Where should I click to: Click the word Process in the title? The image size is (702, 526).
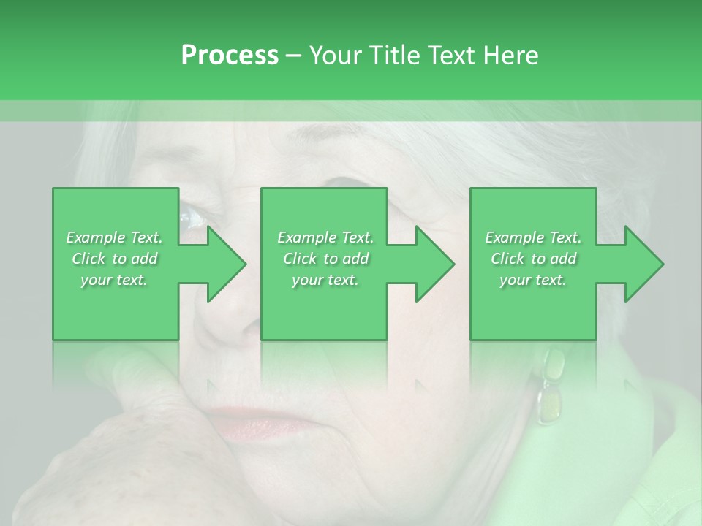point(230,56)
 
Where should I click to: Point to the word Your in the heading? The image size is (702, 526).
point(336,56)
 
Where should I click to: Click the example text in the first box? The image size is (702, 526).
point(115,259)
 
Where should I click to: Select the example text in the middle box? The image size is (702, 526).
point(325,259)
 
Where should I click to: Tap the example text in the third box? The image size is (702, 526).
point(533,259)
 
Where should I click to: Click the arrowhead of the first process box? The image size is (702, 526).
point(226,264)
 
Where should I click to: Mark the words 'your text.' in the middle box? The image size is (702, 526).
point(325,280)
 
